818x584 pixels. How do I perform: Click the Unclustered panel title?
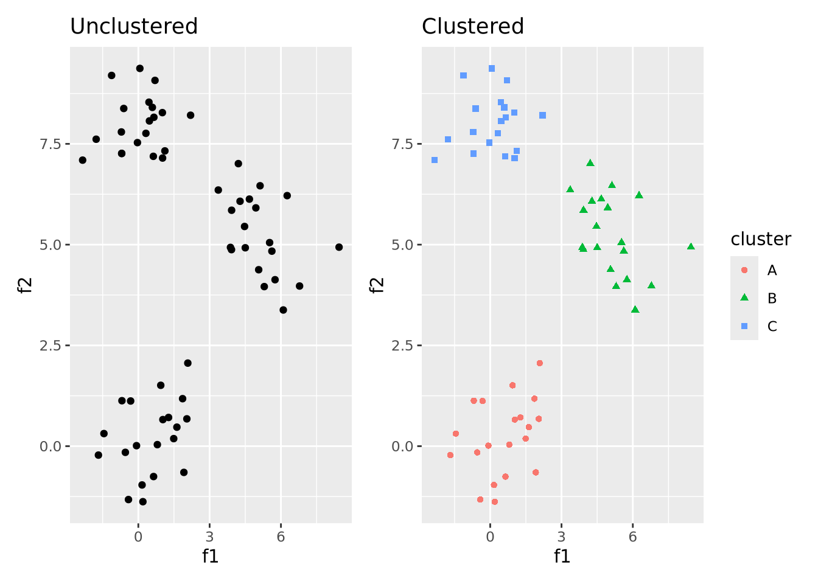134,27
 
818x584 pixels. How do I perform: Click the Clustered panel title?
473,27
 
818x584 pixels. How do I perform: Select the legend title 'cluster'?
761,239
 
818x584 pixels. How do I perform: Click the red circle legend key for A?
744,270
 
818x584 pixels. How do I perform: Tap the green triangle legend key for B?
744,298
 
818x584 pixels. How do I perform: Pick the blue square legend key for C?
744,326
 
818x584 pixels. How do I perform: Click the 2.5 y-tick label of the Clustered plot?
403,346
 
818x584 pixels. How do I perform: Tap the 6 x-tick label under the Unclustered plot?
281,537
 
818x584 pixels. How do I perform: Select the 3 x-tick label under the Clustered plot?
561,537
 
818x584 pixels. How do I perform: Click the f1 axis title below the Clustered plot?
562,556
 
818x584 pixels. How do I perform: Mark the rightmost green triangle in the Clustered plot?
691,246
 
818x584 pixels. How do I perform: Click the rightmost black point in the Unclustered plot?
339,247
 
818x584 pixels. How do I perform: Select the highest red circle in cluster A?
539,363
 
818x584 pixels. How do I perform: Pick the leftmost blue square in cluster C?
435,160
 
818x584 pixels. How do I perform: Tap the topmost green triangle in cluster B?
590,163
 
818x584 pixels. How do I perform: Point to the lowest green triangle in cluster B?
635,310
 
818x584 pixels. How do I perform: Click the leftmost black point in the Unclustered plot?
83,160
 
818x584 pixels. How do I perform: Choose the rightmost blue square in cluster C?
542,115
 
